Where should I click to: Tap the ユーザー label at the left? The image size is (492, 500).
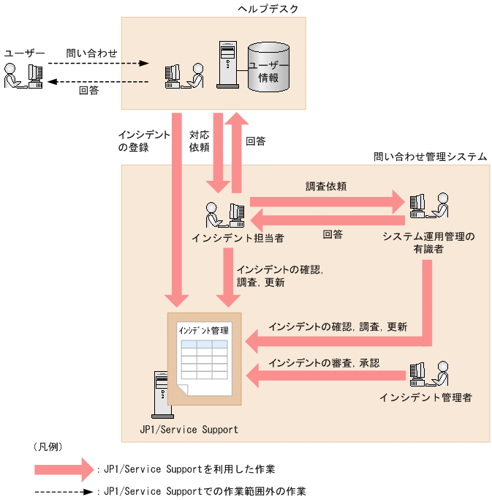point(25,53)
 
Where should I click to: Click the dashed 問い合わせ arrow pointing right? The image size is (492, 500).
point(98,64)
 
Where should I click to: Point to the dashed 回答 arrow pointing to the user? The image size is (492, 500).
point(98,81)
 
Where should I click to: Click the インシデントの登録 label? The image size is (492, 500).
point(143,141)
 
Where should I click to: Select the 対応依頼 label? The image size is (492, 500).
point(200,141)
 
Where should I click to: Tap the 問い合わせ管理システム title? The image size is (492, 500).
point(430,157)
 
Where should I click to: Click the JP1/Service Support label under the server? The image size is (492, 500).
point(189,429)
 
